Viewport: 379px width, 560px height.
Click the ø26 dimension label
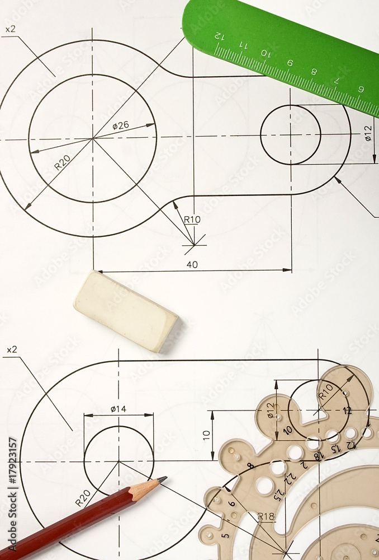coord(120,126)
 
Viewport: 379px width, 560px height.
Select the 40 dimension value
coord(192,264)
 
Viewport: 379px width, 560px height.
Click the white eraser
coord(125,311)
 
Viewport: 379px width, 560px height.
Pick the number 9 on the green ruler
coord(290,63)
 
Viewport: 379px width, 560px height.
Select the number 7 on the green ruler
coord(337,80)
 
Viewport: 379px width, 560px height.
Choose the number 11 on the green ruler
coord(243,45)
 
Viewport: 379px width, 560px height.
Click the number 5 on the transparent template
coord(225,535)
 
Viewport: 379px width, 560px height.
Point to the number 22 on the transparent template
coord(291,477)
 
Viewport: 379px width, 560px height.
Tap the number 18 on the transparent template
coord(319,456)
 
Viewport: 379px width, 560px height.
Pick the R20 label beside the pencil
coord(83,498)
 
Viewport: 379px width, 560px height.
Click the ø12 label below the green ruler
coord(368,133)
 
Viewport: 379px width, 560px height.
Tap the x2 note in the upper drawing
coord(11,29)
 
